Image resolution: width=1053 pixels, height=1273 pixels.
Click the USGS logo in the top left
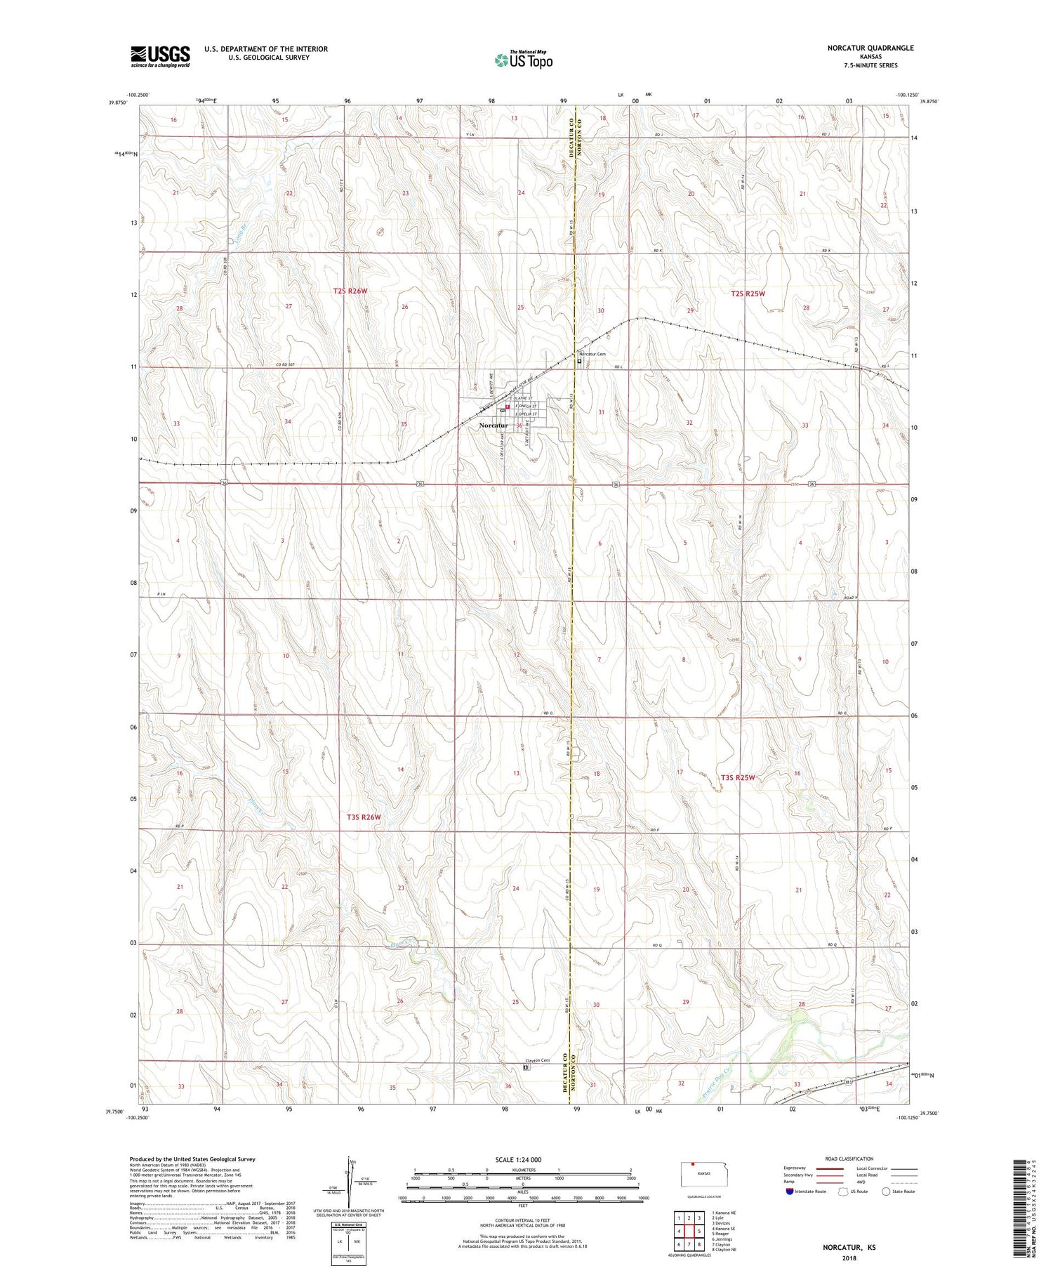click(160, 56)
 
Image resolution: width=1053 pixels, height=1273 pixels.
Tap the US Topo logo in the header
click(523, 60)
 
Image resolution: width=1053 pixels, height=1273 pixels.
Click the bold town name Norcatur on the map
click(493, 426)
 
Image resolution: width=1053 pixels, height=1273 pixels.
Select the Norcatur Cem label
click(593, 354)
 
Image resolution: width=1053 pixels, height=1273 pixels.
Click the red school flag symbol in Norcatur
click(507, 405)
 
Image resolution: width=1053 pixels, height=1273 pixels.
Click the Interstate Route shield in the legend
click(789, 1192)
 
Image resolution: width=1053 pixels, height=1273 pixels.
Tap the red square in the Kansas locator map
click(693, 1166)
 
